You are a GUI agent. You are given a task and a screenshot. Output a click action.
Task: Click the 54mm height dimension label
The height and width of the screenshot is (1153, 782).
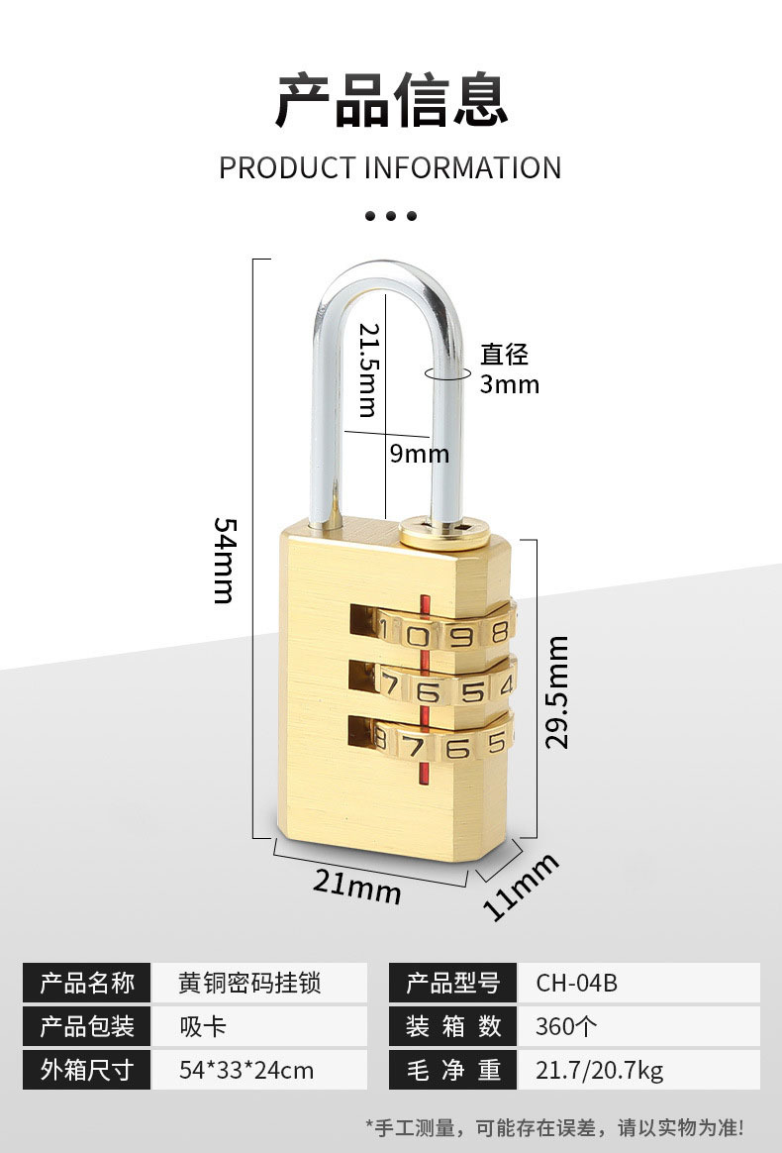point(225,561)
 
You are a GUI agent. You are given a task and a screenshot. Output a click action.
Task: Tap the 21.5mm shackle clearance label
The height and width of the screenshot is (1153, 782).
point(369,369)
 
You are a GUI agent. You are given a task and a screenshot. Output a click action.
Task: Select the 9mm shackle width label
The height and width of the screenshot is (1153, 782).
point(419,454)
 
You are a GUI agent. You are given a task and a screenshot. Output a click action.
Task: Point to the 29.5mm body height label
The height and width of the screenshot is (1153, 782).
point(556,692)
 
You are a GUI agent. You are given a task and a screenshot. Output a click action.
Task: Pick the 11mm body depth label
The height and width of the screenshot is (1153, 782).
point(521,887)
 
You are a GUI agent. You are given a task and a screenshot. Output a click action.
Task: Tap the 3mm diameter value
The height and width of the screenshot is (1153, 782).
point(510,384)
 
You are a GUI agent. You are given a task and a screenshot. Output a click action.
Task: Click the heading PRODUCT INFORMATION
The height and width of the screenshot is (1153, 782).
point(390,167)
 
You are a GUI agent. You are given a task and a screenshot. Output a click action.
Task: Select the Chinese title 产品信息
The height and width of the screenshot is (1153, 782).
point(391,100)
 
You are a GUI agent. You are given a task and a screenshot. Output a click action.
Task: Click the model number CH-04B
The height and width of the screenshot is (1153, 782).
point(576,984)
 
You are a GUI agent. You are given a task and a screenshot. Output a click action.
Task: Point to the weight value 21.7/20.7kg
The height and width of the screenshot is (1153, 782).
point(599,1070)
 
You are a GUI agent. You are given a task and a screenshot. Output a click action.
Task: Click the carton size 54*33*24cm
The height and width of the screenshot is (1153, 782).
point(246,1070)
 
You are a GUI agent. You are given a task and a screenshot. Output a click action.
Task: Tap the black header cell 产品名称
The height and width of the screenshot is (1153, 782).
point(87,984)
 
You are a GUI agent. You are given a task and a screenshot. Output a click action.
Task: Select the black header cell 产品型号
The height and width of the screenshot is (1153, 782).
point(452,984)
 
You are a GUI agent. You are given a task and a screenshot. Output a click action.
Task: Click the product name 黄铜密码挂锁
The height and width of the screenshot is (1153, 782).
point(249,984)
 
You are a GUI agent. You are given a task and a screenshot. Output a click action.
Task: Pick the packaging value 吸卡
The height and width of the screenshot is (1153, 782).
point(203,1026)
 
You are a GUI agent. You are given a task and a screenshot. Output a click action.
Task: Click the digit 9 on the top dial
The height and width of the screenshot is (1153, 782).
point(460,635)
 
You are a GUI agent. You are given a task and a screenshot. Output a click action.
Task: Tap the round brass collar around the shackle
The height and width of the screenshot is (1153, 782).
point(444,533)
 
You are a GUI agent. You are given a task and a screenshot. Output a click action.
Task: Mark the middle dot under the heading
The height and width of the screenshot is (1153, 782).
point(391,216)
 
